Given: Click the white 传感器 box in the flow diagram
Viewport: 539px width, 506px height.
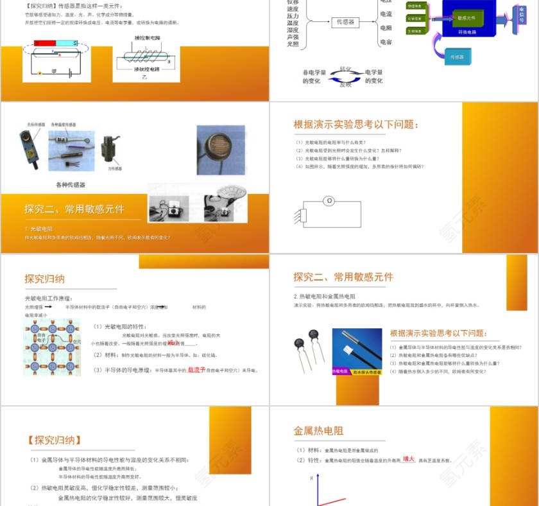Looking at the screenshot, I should pos(345,22).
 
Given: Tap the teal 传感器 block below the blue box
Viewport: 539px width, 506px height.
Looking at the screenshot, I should pos(456,58).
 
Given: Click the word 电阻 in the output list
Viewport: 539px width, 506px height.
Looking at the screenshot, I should pos(386,28).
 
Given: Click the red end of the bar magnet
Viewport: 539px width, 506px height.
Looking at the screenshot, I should pos(44,44).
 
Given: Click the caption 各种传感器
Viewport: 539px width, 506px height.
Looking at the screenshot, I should pos(70,185).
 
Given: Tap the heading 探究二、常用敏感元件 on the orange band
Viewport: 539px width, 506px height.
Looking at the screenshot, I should pos(74,209).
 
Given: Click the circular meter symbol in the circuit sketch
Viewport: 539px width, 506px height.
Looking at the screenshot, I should pos(329,201).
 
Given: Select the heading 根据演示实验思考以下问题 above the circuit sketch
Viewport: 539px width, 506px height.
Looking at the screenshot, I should pos(356,125).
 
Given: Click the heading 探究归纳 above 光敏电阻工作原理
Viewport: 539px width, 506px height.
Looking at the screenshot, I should pos(44,279).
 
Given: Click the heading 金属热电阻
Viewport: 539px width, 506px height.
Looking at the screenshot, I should pos(318,431).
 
